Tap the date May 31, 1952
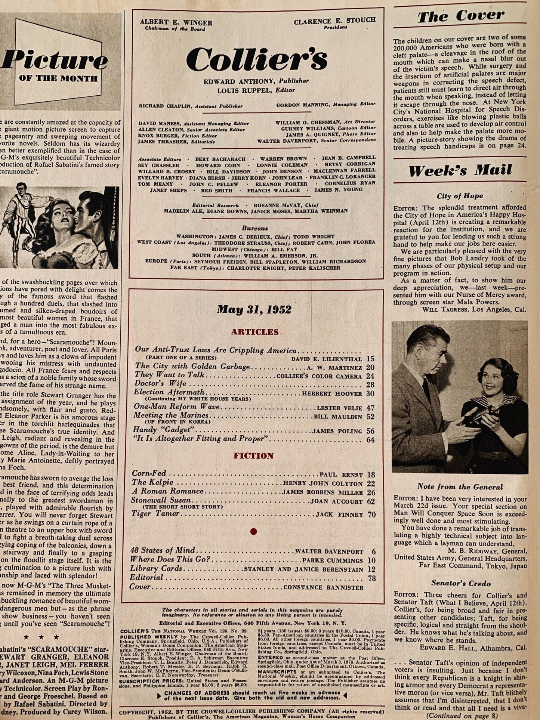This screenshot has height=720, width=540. click(x=254, y=310)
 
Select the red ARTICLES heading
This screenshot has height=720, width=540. click(x=254, y=332)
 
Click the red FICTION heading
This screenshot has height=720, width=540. click(x=254, y=456)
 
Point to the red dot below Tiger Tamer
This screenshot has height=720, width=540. click(x=254, y=531)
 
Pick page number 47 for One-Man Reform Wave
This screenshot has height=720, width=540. click(x=370, y=408)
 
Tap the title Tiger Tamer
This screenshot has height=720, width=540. click(x=155, y=514)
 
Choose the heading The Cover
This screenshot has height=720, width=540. click(x=460, y=16)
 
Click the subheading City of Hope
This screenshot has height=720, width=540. click(x=460, y=196)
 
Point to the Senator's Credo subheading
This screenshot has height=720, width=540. click(x=461, y=583)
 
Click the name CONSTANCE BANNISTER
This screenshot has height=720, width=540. click(x=323, y=587)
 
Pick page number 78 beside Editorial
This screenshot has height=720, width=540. click(x=370, y=579)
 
